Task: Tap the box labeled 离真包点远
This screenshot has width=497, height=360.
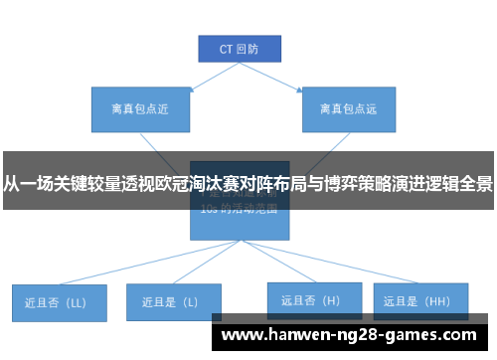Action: pos(347,108)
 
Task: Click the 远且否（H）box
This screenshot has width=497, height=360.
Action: pos(311,298)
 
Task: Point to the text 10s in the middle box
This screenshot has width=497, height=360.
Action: pos(208,210)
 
